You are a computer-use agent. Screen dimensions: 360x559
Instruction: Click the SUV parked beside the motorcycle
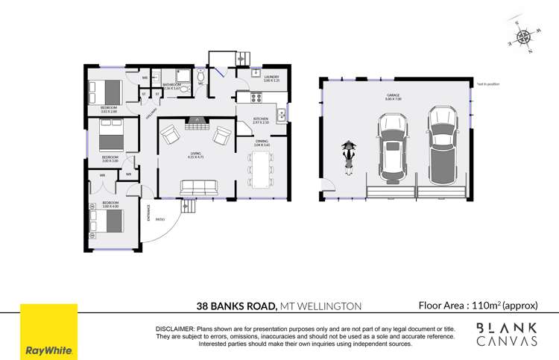[x=393, y=148]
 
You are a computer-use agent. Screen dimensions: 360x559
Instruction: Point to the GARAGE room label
[x=394, y=95]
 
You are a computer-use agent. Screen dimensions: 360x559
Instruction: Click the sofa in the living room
[x=195, y=186]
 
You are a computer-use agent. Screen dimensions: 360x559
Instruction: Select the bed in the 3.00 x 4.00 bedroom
[x=107, y=221]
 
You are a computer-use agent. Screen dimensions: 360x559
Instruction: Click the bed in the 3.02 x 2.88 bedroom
[x=106, y=92]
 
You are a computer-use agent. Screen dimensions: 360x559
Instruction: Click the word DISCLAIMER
[x=174, y=329]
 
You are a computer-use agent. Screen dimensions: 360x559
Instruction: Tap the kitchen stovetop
[x=256, y=97]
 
